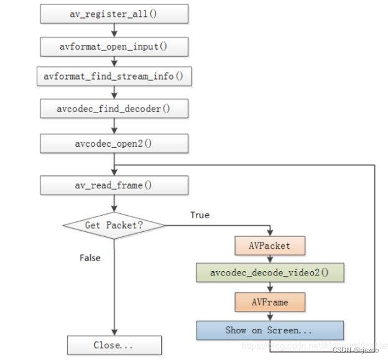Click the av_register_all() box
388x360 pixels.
pos(114,13)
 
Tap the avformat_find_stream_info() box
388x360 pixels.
pos(114,76)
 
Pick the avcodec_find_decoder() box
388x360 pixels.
pos(114,109)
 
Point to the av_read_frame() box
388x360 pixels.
pos(114,185)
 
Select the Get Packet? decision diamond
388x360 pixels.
pos(114,225)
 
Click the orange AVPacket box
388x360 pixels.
pos(270,246)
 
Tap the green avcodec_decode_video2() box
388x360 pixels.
pos(270,273)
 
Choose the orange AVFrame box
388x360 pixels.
pos(270,302)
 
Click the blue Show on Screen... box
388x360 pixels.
pos(270,330)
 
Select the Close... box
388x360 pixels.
pos(114,345)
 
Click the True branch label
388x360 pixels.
pos(200,215)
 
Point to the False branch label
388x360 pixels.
pos(90,257)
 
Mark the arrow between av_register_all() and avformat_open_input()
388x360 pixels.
pos(114,29)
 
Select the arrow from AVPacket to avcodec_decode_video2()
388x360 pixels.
pos(270,259)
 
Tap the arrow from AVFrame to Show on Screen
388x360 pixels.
pos(270,316)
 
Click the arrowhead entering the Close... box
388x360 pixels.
pos(114,333)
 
